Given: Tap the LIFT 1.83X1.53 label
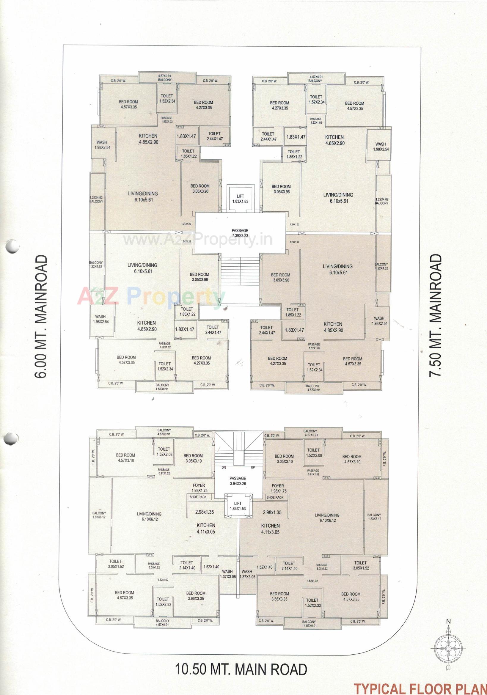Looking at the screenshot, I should click(238, 506).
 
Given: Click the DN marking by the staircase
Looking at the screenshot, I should click(224, 467).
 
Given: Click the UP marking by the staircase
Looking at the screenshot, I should click(253, 467).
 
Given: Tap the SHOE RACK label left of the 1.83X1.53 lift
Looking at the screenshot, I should click(198, 497).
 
